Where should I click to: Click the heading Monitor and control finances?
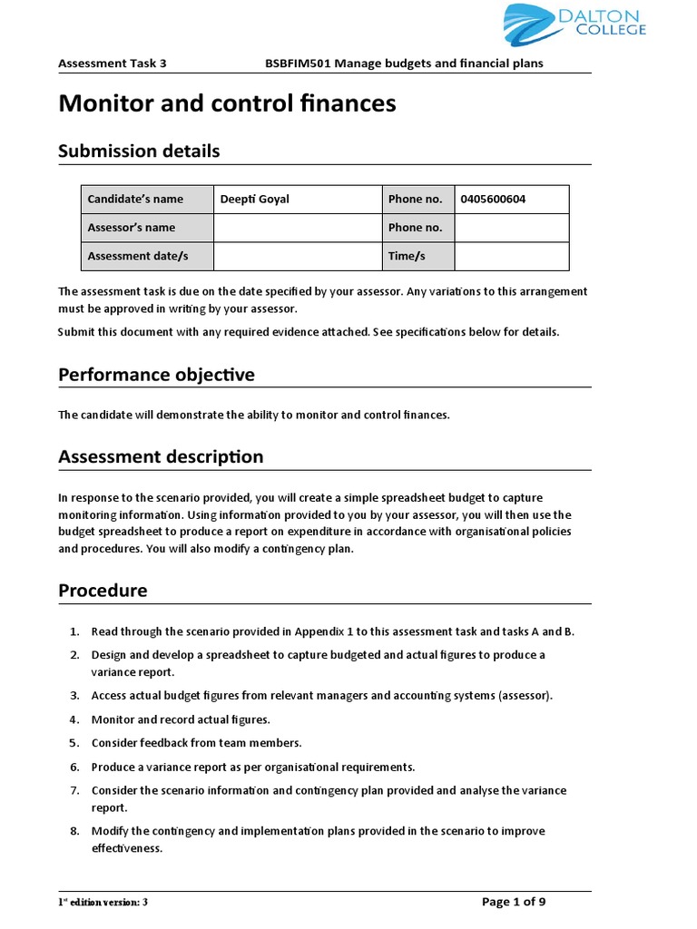227,104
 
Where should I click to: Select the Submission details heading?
139,152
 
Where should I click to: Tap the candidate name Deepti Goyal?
255,200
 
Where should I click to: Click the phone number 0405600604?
493,200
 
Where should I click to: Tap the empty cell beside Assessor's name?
297,228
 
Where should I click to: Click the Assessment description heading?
161,457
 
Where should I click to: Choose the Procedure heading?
103,592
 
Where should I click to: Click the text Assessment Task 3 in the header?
112,64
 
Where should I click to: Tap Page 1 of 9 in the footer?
513,902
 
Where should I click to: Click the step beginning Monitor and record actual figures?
181,719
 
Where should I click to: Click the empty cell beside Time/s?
511,257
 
